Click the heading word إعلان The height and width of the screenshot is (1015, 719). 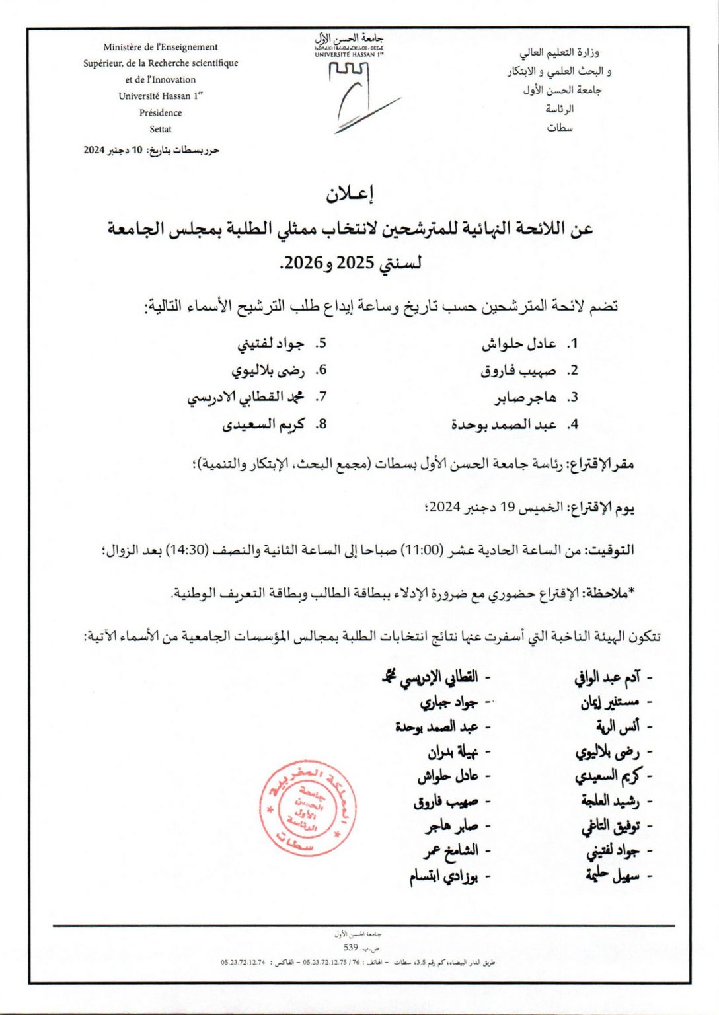click(350, 194)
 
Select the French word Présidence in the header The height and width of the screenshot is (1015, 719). click(160, 112)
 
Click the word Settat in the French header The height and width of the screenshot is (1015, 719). click(160, 129)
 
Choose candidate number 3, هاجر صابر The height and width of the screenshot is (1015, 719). click(525, 397)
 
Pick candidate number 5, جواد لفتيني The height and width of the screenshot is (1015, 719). click(270, 344)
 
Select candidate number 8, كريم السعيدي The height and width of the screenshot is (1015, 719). click(263, 424)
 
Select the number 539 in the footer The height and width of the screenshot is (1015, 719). click(350, 947)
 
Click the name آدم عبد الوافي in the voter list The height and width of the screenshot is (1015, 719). click(606, 677)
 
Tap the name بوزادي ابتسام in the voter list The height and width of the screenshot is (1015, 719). click(443, 877)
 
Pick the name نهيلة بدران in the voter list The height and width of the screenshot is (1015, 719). click(452, 752)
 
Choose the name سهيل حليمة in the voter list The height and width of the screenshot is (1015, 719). click(612, 876)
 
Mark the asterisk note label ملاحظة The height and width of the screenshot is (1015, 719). click(606, 593)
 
